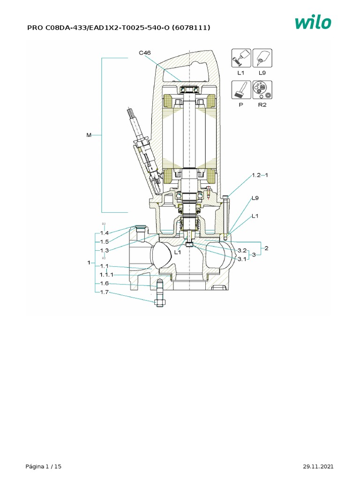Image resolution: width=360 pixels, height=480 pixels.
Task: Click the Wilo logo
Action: (x=313, y=22)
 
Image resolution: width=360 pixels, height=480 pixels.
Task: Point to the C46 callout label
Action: (x=144, y=53)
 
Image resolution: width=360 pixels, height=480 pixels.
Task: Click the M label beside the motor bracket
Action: (x=89, y=135)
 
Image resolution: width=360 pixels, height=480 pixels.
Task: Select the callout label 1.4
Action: (x=104, y=233)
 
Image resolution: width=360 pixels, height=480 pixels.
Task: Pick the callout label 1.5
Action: (x=104, y=241)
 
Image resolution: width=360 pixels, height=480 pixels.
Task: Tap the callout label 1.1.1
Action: (x=106, y=275)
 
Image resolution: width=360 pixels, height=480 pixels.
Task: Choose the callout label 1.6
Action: (x=104, y=284)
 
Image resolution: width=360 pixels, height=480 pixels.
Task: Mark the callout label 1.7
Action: (x=104, y=292)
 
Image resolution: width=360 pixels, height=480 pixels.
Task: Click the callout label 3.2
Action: (x=242, y=250)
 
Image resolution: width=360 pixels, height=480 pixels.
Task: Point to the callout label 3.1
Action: (x=242, y=259)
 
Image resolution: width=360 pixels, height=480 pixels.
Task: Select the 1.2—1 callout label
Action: (x=259, y=175)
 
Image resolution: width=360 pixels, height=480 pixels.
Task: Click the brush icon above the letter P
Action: (x=241, y=90)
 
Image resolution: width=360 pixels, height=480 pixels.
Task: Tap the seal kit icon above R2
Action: (x=262, y=90)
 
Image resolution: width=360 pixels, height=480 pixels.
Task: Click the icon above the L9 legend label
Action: (x=262, y=58)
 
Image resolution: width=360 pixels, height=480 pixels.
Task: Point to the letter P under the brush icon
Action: (x=241, y=105)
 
